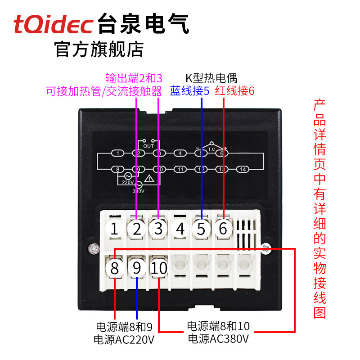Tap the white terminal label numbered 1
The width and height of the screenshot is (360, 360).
tap(115, 229)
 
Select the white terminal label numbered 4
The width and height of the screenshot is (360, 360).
tap(180, 229)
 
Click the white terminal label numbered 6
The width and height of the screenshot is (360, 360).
tap(223, 229)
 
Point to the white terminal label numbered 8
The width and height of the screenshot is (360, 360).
tap(115, 269)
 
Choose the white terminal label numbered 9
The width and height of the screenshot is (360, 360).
tap(136, 269)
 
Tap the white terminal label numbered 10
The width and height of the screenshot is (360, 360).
tap(158, 269)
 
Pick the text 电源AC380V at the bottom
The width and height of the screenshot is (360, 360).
tap(218, 338)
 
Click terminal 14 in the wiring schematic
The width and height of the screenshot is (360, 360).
tap(243, 169)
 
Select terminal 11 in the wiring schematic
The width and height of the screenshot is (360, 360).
tap(180, 169)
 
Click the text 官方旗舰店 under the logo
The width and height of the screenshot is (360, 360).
tap(99, 49)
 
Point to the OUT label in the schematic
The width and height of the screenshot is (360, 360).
tap(148, 146)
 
